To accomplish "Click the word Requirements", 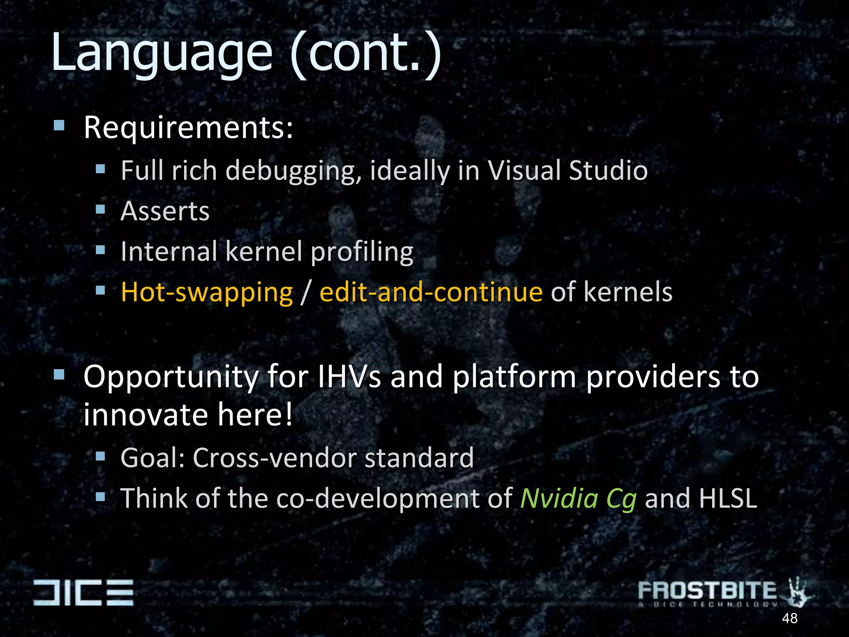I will (188, 128).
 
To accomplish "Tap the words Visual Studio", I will (567, 170).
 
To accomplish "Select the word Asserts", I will (165, 211).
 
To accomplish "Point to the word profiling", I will (362, 252).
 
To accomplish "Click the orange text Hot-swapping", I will (206, 292).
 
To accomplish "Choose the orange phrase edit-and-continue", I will (431, 292).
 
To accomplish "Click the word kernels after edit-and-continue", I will (628, 292).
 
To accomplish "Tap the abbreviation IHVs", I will (349, 377).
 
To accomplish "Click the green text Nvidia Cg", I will (578, 498).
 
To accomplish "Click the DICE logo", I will (83, 592).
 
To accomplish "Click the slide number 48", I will (789, 618).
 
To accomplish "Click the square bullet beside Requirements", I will (59, 125).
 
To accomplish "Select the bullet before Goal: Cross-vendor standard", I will (100, 457).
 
